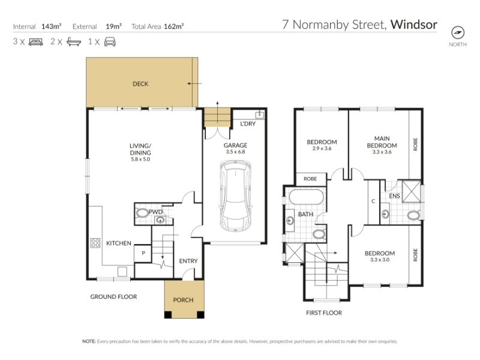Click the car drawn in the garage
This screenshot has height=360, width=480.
pos(235,196)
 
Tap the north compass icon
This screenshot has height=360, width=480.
pos(458,32)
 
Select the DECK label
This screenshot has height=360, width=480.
pos(140,84)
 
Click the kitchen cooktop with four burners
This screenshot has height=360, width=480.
pos(95,243)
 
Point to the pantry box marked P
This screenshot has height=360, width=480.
pos(143,253)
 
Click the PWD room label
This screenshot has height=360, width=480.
pos(155,212)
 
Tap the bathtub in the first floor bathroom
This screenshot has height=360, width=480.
pos(306,197)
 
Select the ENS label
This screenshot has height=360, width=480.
pos(394,196)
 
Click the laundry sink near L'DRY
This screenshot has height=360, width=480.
pos(260,115)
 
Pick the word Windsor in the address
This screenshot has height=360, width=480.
pos(414,25)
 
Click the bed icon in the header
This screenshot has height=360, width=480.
pos(36,42)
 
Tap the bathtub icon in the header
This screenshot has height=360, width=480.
pos(74,42)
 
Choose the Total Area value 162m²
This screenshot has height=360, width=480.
pos(174,26)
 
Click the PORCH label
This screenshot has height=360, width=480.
pos(183,300)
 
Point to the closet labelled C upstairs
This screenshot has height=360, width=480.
pos(373,202)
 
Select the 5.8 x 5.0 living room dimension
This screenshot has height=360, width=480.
pos(140,159)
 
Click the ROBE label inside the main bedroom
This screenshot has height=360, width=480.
pos(415,144)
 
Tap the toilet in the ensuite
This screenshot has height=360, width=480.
pos(413,215)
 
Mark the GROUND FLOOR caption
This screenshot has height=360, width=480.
pos(113,296)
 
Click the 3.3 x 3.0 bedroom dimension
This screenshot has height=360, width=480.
pos(380,260)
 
